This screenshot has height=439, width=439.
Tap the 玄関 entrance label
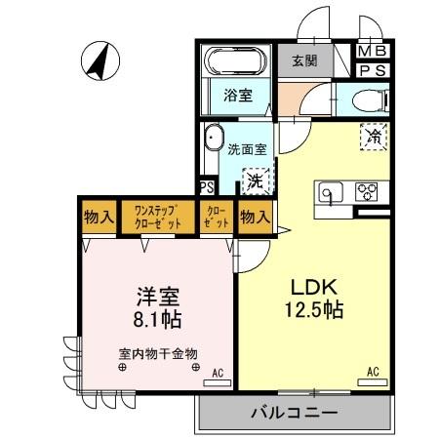[304, 61]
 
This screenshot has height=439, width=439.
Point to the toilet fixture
[372, 97]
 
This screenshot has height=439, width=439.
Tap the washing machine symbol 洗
[255, 180]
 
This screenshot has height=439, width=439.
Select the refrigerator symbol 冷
[373, 137]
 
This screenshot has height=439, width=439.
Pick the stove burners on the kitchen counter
[367, 191]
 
